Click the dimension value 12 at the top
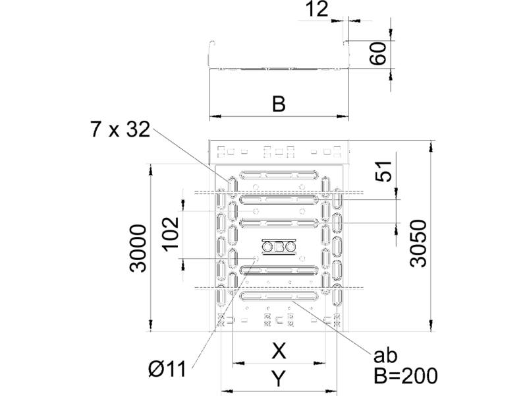(317, 9)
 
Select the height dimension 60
(377, 53)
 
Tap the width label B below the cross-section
(279, 104)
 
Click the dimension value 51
(383, 172)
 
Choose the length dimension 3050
(418, 243)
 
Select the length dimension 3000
(138, 248)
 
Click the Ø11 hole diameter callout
(167, 369)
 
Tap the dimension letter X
(279, 351)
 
